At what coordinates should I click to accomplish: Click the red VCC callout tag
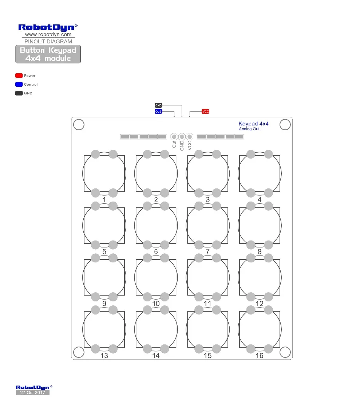point(205,112)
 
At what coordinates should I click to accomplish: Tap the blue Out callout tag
point(158,112)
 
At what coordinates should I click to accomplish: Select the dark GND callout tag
point(158,105)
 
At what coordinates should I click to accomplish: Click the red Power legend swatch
point(19,76)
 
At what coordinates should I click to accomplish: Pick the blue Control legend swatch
point(19,85)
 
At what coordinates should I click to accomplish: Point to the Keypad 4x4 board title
point(253,124)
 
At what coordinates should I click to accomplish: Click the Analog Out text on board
point(249,129)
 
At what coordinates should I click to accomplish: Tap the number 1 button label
point(104,200)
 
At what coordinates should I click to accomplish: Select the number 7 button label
point(207,252)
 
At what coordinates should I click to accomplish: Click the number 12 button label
point(260,304)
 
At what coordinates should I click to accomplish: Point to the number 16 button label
point(260,356)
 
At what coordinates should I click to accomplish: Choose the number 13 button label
point(104,356)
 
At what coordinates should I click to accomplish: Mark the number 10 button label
point(156,304)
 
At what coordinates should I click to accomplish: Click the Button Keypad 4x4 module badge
point(48,54)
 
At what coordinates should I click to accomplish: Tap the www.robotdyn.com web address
point(48,35)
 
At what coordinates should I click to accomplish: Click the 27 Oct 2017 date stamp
point(33,393)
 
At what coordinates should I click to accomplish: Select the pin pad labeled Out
point(174,137)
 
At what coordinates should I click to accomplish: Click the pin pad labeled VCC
point(189,137)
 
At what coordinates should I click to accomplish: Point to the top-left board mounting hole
point(79,125)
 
